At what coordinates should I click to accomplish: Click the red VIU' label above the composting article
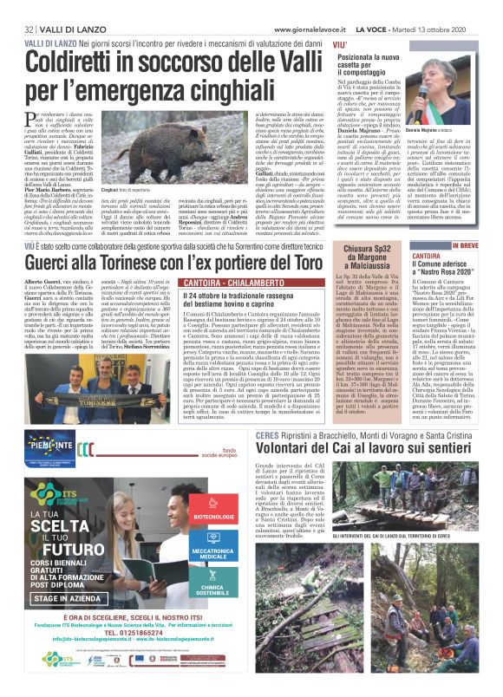pyautogui.click(x=339, y=42)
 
